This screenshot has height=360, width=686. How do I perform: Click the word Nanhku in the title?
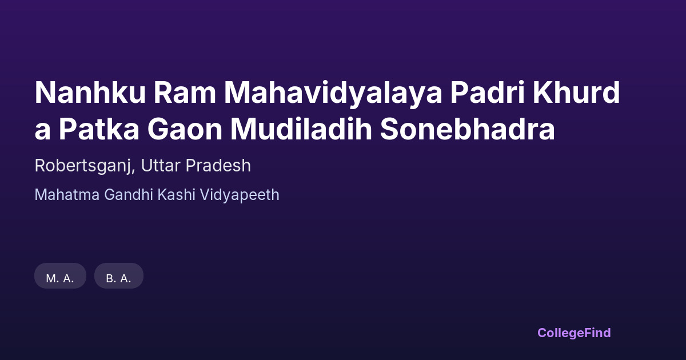pos(90,93)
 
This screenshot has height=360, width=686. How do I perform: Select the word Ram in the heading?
pos(185,93)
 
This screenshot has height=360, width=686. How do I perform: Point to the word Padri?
pos(488,92)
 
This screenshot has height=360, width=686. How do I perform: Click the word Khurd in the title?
pos(577,92)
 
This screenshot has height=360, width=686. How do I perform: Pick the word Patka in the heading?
pos(99,129)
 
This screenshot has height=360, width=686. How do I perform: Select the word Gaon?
pos(185,129)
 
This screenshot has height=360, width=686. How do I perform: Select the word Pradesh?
pos(218,165)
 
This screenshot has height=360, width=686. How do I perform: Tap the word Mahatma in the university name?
pos(67,195)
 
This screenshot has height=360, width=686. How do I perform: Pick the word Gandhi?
pos(128,195)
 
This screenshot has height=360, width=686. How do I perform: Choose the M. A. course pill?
pos(61,276)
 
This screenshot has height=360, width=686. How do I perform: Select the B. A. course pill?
pos(119,276)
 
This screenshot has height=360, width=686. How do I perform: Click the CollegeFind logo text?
pos(574,333)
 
